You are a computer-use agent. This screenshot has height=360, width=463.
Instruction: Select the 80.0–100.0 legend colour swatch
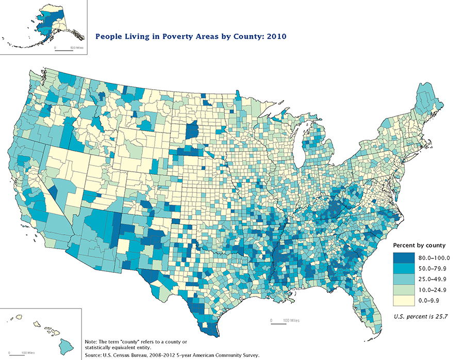pos(403,257)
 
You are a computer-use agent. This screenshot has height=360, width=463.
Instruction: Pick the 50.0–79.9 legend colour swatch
pos(403,268)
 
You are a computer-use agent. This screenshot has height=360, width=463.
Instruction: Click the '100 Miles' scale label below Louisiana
pos(290,321)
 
